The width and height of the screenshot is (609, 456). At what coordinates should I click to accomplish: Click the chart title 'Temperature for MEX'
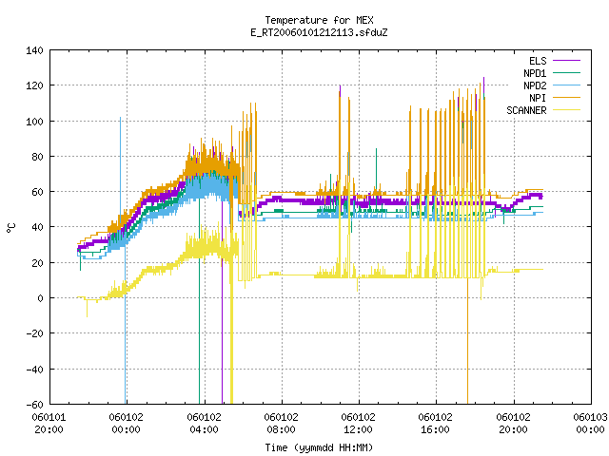pos(319,20)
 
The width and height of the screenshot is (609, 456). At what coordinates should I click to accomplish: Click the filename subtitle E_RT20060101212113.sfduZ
pos(319,32)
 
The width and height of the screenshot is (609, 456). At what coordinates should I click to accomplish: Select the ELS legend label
pos(538,61)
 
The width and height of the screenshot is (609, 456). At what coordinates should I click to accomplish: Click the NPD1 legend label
pos(535,73)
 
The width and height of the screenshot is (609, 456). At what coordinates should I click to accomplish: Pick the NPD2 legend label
pos(535,85)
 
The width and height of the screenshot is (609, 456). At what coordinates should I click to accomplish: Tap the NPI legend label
pos(538,98)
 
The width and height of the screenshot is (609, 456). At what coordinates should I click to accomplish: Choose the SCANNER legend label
pos(526,110)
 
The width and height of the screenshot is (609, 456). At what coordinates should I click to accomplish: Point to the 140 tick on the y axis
pos(34,50)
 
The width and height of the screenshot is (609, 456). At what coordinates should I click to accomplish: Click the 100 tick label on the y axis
pos(34,122)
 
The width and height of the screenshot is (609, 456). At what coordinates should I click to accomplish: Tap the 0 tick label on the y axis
pos(40,298)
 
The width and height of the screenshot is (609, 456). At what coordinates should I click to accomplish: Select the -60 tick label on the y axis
pos(34,405)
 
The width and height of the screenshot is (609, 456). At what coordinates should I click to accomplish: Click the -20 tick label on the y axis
pos(34,333)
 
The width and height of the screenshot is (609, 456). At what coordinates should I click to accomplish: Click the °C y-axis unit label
pos(11,228)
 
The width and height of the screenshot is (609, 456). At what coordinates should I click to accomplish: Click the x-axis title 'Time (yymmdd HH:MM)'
pos(319,447)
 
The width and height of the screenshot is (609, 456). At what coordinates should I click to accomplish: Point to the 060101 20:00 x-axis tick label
pos(49,424)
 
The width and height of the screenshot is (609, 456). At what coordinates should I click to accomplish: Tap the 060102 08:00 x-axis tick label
pos(282,424)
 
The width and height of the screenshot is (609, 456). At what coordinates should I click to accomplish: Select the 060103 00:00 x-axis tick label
pos(590,424)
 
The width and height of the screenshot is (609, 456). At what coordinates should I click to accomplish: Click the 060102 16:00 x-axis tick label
pos(436,424)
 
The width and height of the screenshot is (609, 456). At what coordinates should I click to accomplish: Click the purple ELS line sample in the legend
pos(567,61)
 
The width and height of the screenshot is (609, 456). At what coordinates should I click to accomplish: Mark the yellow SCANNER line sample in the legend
pos(567,110)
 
